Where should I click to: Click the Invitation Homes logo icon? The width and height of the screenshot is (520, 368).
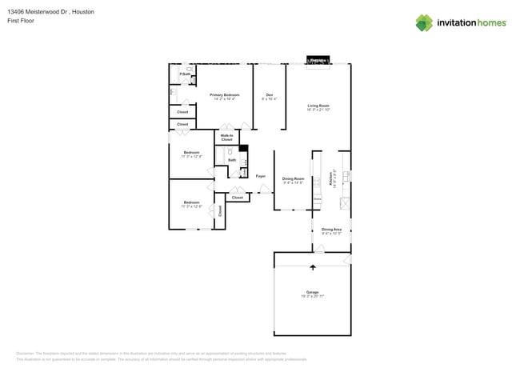point(423,22)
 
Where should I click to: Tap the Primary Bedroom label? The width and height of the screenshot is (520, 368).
point(225,95)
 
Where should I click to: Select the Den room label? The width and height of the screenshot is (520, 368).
point(270,95)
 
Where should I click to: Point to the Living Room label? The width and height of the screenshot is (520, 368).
point(318,106)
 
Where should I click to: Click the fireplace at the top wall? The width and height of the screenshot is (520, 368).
point(318,61)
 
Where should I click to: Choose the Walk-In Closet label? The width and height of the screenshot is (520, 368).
point(226,138)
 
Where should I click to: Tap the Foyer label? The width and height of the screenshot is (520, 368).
point(260,176)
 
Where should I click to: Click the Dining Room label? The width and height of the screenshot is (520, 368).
point(294,178)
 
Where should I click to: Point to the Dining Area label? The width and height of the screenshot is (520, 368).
point(331,230)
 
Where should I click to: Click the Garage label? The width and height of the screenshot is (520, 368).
point(312,292)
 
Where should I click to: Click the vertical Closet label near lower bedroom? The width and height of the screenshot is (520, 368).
point(220,210)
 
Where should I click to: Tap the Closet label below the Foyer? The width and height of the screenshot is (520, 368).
point(238,197)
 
